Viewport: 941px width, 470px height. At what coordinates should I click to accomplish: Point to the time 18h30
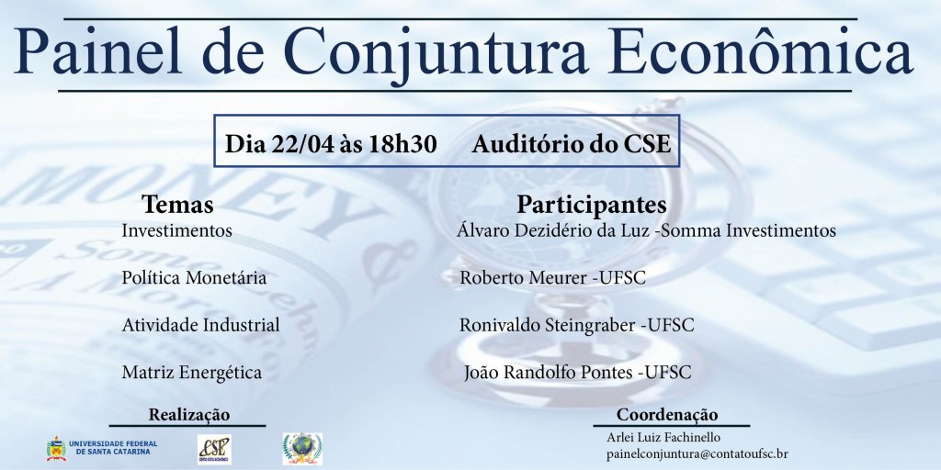click(x=402, y=144)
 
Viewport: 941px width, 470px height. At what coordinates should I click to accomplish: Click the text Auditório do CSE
click(x=571, y=144)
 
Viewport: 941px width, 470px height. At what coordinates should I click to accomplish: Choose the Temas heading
click(x=177, y=205)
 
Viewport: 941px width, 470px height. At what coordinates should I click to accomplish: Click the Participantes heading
click(x=591, y=205)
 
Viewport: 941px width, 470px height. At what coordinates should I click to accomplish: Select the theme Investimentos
click(x=176, y=230)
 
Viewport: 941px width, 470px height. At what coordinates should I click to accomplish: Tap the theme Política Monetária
click(x=194, y=277)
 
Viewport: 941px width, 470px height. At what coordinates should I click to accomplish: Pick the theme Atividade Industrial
click(x=200, y=325)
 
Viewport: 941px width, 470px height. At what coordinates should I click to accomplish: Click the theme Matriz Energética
click(x=191, y=373)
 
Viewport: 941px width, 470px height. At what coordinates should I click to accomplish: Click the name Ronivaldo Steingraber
click(x=548, y=326)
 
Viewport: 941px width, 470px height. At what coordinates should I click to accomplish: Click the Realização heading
click(x=189, y=415)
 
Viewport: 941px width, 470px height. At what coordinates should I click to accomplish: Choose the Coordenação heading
click(x=667, y=415)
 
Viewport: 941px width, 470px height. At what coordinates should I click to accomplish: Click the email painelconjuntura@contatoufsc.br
click(x=697, y=454)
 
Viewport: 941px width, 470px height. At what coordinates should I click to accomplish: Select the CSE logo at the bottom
click(x=214, y=450)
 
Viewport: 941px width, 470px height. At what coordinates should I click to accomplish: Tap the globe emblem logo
click(x=302, y=449)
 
